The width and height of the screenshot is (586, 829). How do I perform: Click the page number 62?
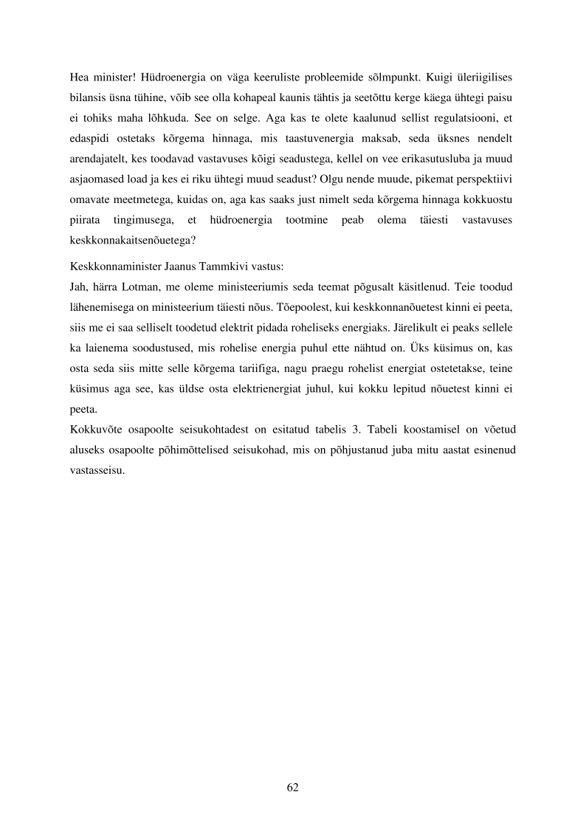pos(292,787)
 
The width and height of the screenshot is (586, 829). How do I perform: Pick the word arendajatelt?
pos(101,179)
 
